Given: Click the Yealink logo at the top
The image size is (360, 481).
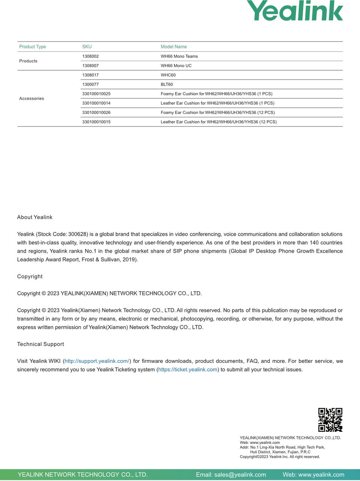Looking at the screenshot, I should click(295, 11).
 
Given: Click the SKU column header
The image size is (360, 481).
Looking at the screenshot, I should click(87, 47).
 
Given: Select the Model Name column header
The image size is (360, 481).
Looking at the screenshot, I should click(174, 47).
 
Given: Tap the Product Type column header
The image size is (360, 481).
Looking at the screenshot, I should click(33, 47).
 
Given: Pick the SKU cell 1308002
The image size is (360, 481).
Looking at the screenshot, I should click(90, 56).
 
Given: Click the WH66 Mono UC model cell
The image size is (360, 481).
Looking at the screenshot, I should click(176, 66).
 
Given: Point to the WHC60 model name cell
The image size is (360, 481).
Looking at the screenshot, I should click(168, 75).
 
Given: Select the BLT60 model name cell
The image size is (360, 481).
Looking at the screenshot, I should click(167, 84).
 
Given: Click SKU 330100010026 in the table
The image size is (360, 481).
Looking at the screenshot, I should click(96, 112).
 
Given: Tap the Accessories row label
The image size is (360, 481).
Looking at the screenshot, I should click(31, 99).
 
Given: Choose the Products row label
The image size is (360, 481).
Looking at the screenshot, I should click(28, 61).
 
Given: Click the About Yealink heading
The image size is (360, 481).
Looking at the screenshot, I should click(35, 217).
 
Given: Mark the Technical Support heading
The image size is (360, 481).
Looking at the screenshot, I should click(40, 344).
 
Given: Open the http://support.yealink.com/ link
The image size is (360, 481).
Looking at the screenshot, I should click(97, 361).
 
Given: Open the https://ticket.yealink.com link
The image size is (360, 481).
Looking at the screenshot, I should click(188, 370).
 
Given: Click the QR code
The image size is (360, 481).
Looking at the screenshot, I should click(330, 420).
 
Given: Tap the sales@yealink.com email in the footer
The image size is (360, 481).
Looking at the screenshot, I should click(240, 475).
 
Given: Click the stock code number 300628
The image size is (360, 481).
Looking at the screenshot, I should click(78, 234).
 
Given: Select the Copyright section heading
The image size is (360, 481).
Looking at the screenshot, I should click(30, 277).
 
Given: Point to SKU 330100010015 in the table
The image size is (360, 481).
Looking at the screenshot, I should click(96, 122).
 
